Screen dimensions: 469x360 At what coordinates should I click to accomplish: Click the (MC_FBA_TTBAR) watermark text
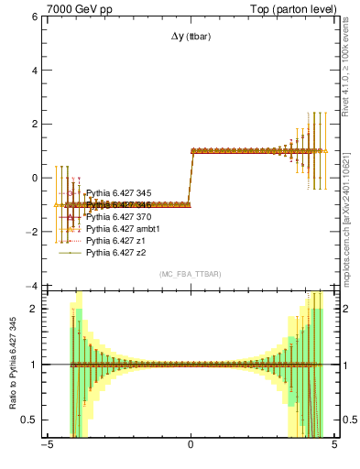(191, 275)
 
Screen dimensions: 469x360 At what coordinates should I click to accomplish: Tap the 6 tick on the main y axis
(34, 16)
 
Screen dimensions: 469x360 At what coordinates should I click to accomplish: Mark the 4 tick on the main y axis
(34, 71)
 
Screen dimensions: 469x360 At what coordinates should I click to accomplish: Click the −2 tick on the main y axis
(31, 233)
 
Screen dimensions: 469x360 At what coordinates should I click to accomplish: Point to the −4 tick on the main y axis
(31, 286)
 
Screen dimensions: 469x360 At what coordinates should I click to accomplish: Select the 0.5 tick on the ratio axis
(29, 420)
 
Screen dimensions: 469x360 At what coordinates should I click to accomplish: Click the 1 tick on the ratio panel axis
(34, 365)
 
